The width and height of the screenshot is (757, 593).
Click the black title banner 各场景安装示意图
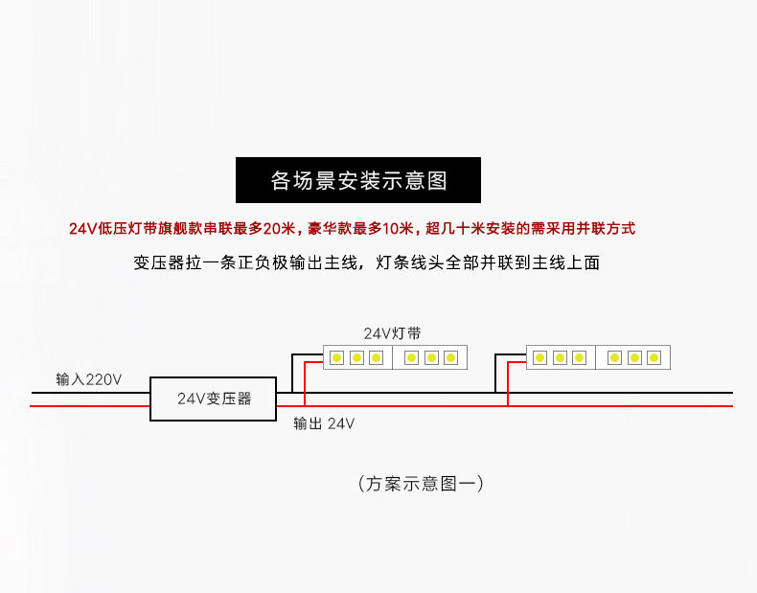[358, 180]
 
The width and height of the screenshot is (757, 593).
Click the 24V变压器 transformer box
[213, 399]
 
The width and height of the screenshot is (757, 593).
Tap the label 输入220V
[89, 379]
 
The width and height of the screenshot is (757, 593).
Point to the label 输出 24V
[324, 422]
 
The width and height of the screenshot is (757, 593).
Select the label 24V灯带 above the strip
[392, 333]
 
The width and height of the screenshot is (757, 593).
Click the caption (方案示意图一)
[419, 484]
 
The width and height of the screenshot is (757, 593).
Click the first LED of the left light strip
[336, 357]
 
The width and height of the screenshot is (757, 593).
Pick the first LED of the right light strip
[539, 357]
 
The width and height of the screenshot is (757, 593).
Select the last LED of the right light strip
[654, 357]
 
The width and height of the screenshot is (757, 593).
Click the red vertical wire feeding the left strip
[305, 384]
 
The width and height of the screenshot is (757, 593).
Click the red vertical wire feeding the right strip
[508, 384]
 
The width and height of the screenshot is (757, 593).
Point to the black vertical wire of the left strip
[292, 373]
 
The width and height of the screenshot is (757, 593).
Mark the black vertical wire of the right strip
[495, 373]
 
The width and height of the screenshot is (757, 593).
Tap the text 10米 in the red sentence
[397, 228]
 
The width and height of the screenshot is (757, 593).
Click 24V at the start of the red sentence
[82, 228]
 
